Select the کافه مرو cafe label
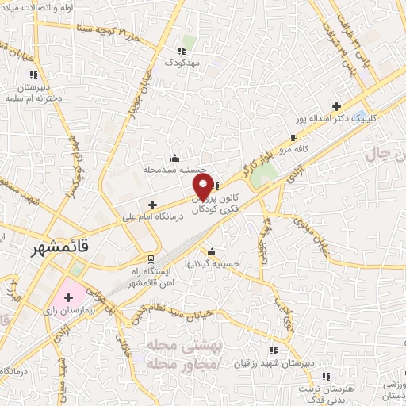[291, 148]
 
